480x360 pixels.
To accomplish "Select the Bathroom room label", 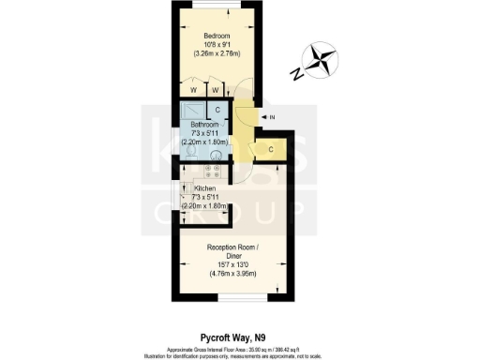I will coord(204,124).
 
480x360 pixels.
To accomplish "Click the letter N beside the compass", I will coord(295,73).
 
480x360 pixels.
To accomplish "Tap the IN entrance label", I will coord(272,117).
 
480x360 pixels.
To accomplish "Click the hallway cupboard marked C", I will coord(270,148).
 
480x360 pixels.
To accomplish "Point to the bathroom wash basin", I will coord(217,155).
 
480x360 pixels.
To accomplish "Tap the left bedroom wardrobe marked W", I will coord(192,90).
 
